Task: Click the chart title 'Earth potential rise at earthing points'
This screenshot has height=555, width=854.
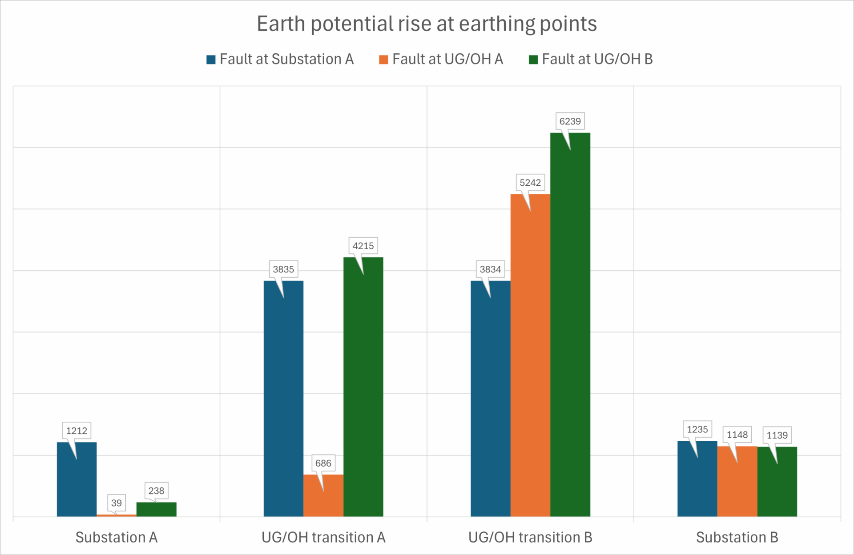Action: (427, 24)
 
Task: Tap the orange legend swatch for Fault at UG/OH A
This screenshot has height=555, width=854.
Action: (383, 60)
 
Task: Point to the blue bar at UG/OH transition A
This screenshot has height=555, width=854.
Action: (283, 400)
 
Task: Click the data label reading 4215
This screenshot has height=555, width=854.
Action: (363, 246)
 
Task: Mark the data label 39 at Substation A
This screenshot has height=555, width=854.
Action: (116, 503)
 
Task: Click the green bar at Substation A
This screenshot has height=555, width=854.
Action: (156, 509)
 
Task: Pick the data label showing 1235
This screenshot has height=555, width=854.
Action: (697, 429)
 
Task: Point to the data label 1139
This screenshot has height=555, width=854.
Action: (777, 435)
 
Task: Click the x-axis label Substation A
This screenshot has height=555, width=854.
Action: (117, 537)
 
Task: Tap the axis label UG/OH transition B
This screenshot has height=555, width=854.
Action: (530, 537)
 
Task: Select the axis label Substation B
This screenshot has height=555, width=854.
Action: (737, 537)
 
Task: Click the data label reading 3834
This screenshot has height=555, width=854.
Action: (490, 269)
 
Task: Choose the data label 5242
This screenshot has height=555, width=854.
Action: (530, 183)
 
